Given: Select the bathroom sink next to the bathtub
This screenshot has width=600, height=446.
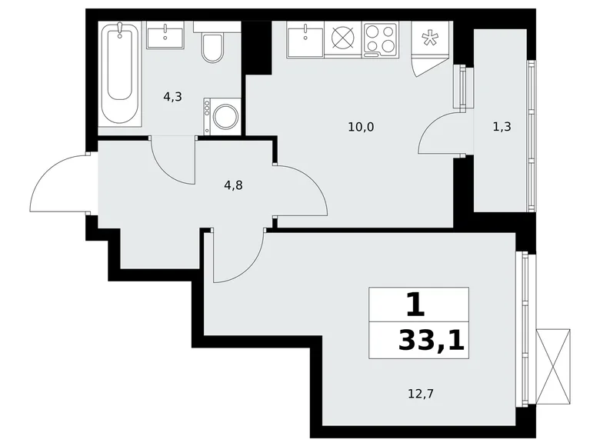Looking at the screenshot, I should click(166, 35).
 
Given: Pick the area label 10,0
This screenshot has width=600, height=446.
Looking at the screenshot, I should click(361, 128).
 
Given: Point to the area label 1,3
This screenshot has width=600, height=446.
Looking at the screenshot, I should click(502, 128).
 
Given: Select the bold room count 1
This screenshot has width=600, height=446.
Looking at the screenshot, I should click(415, 305).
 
